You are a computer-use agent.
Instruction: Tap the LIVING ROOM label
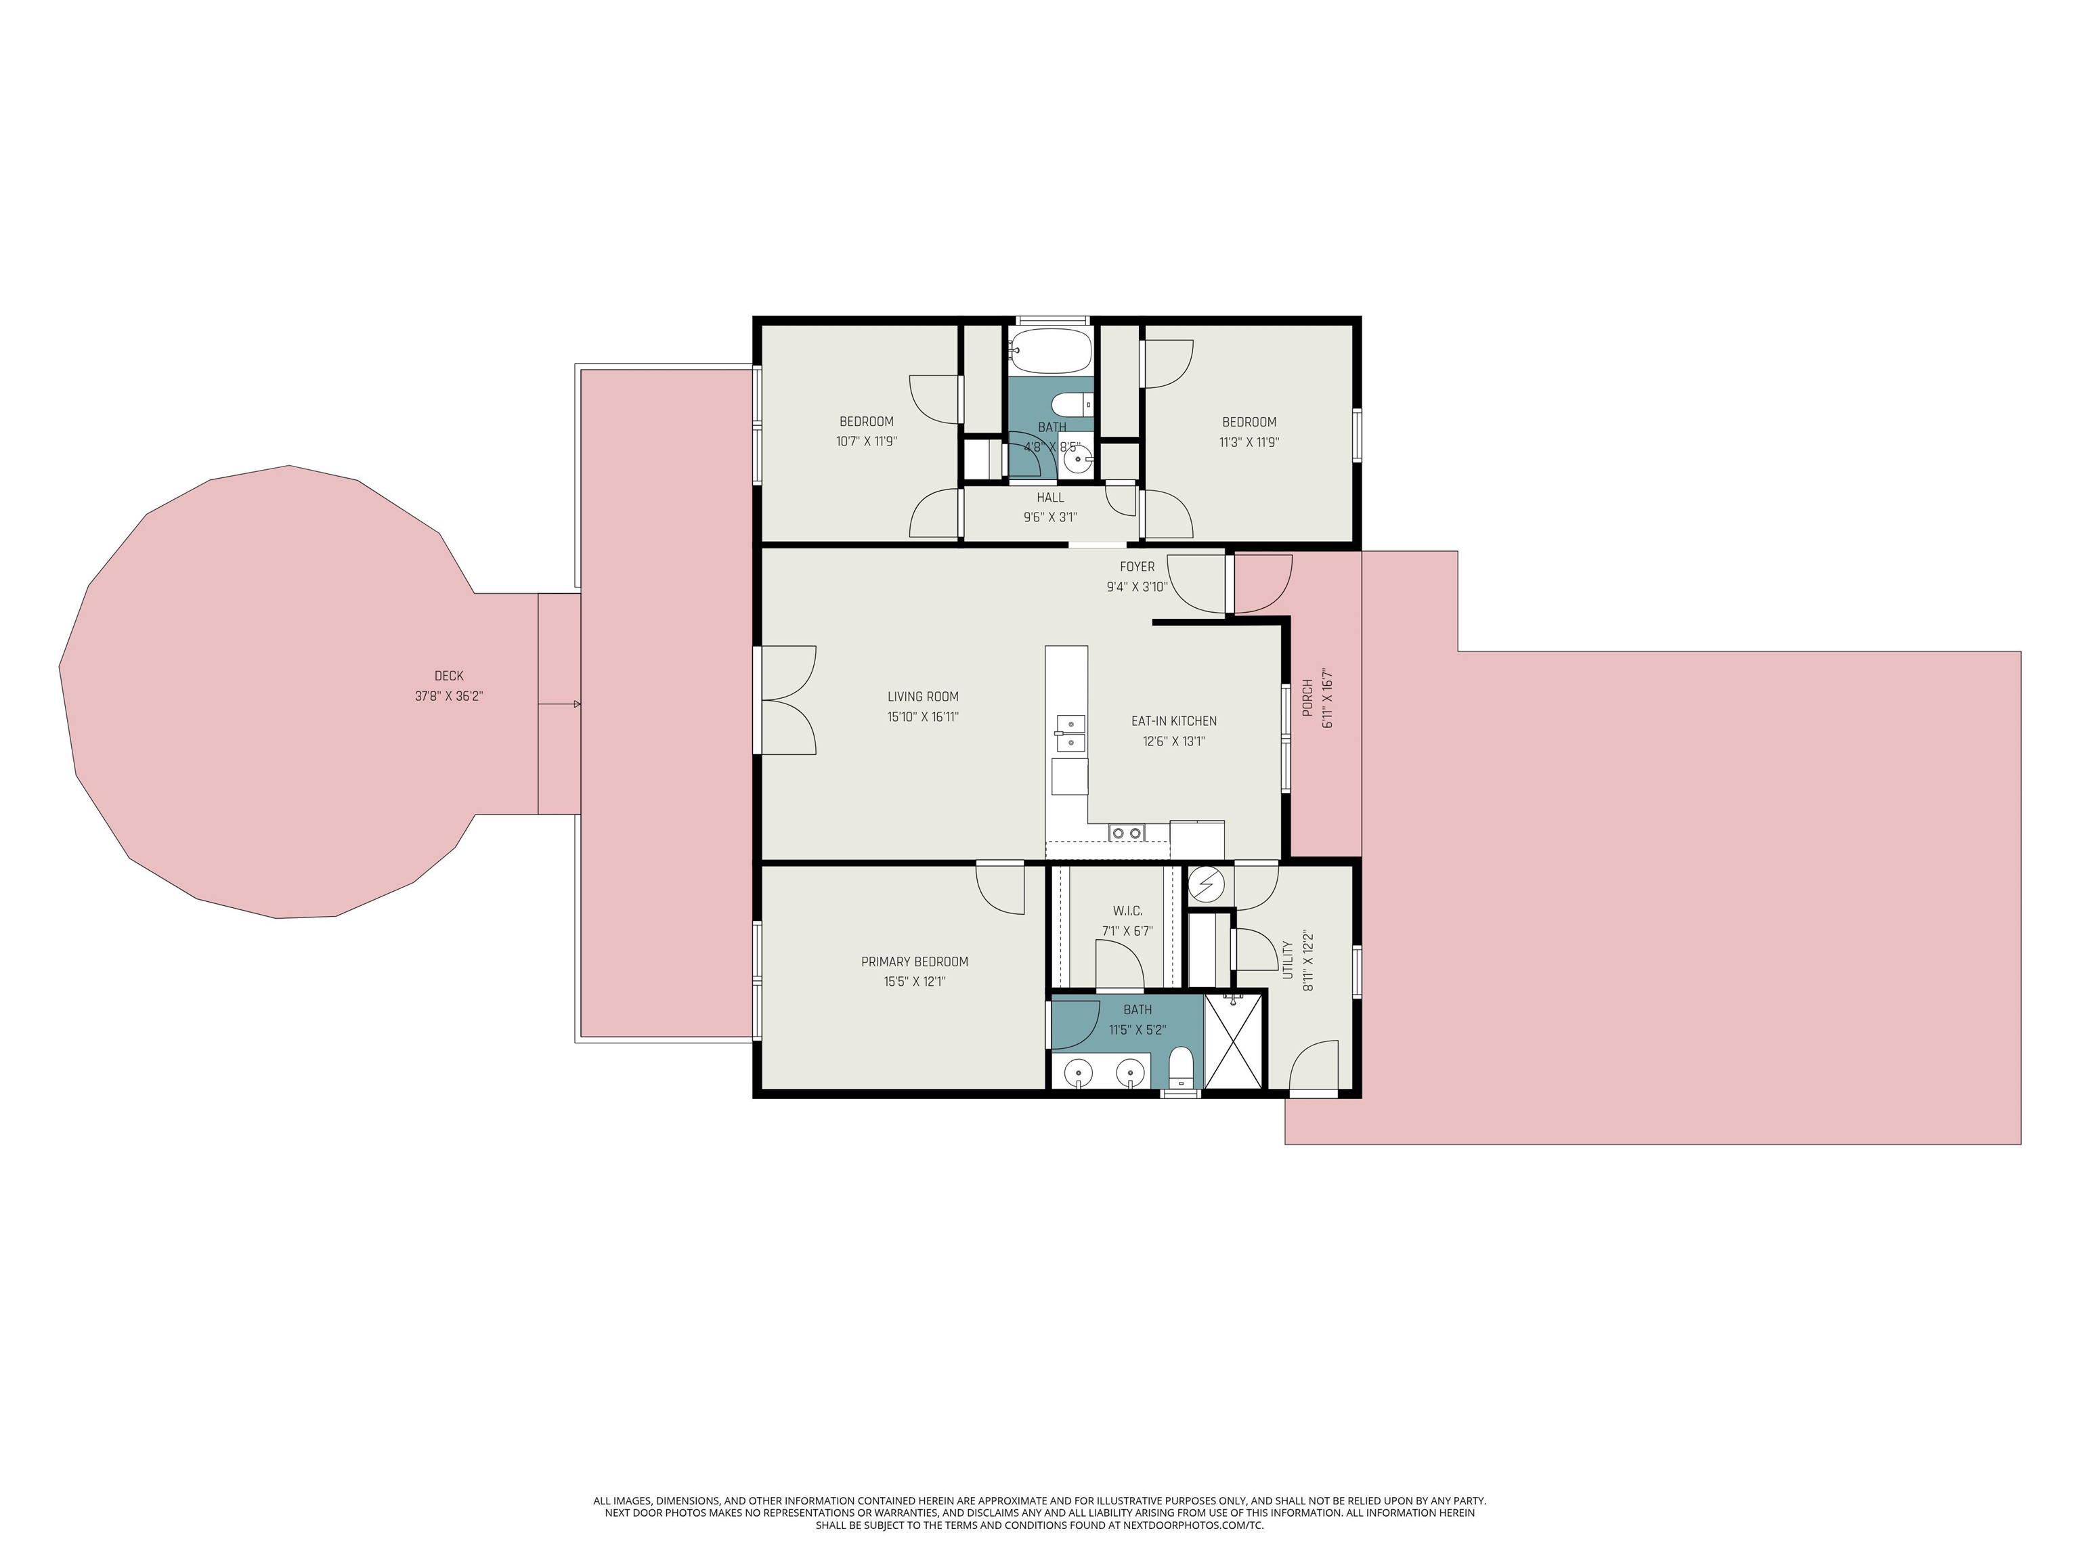(x=922, y=697)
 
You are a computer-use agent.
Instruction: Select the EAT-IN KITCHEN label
(x=1173, y=721)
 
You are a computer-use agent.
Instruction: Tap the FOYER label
(x=1137, y=567)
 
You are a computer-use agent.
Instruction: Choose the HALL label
(x=1050, y=498)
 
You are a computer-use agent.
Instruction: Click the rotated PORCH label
(x=1307, y=697)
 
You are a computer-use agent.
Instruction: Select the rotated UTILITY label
(x=1287, y=959)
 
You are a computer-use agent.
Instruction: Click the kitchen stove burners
(x=1127, y=832)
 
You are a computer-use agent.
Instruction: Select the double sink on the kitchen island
(x=1069, y=733)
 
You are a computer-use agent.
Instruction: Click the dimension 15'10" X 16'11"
(x=922, y=716)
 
